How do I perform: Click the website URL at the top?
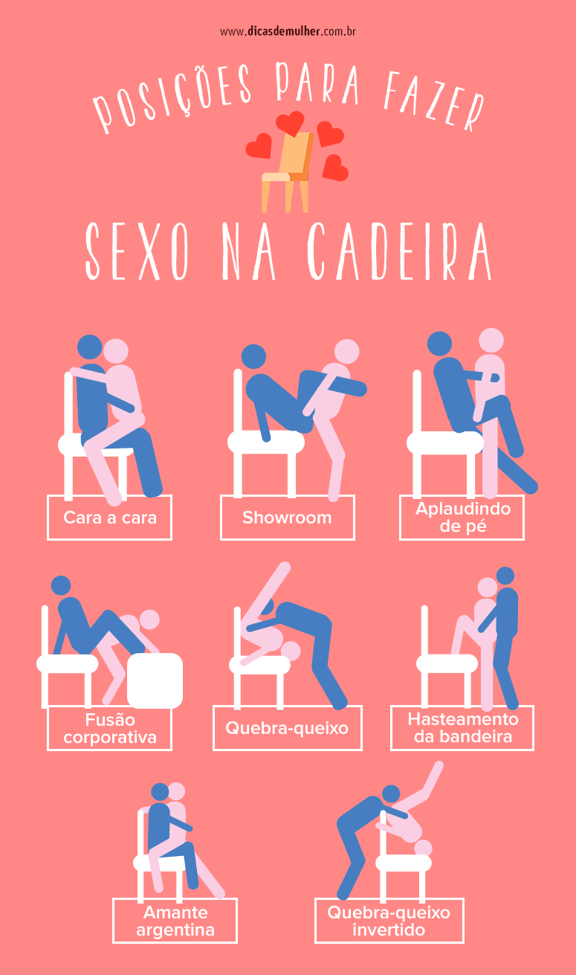tap(288, 32)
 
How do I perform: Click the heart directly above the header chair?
tap(290, 123)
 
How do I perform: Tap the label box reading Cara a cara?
tap(110, 518)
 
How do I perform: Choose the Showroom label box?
tap(287, 518)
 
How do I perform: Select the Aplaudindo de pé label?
tap(462, 518)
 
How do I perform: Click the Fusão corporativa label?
tap(110, 728)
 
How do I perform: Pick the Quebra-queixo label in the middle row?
tap(287, 728)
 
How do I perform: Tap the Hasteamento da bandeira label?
tap(462, 728)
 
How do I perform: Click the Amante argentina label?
tap(175, 921)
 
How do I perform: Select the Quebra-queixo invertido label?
tap(389, 921)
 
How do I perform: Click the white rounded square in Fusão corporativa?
tap(155, 680)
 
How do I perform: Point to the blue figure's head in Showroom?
tap(253, 356)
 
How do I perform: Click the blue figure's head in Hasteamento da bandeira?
tap(505, 576)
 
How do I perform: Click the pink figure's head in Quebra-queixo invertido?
tap(423, 848)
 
